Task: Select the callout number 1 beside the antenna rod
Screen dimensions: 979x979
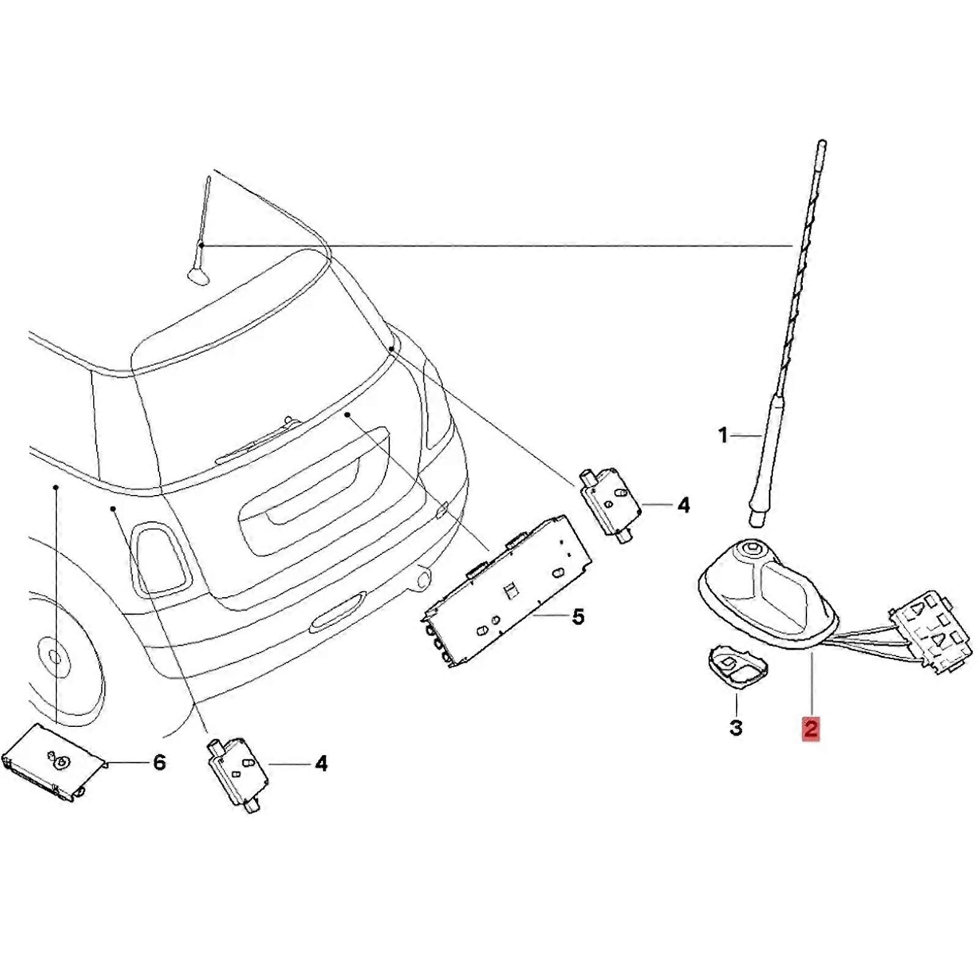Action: coord(723,436)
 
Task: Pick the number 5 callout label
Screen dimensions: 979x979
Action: coord(578,616)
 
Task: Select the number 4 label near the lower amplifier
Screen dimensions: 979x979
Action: coord(321,764)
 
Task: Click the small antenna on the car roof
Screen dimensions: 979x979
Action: coord(201,257)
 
